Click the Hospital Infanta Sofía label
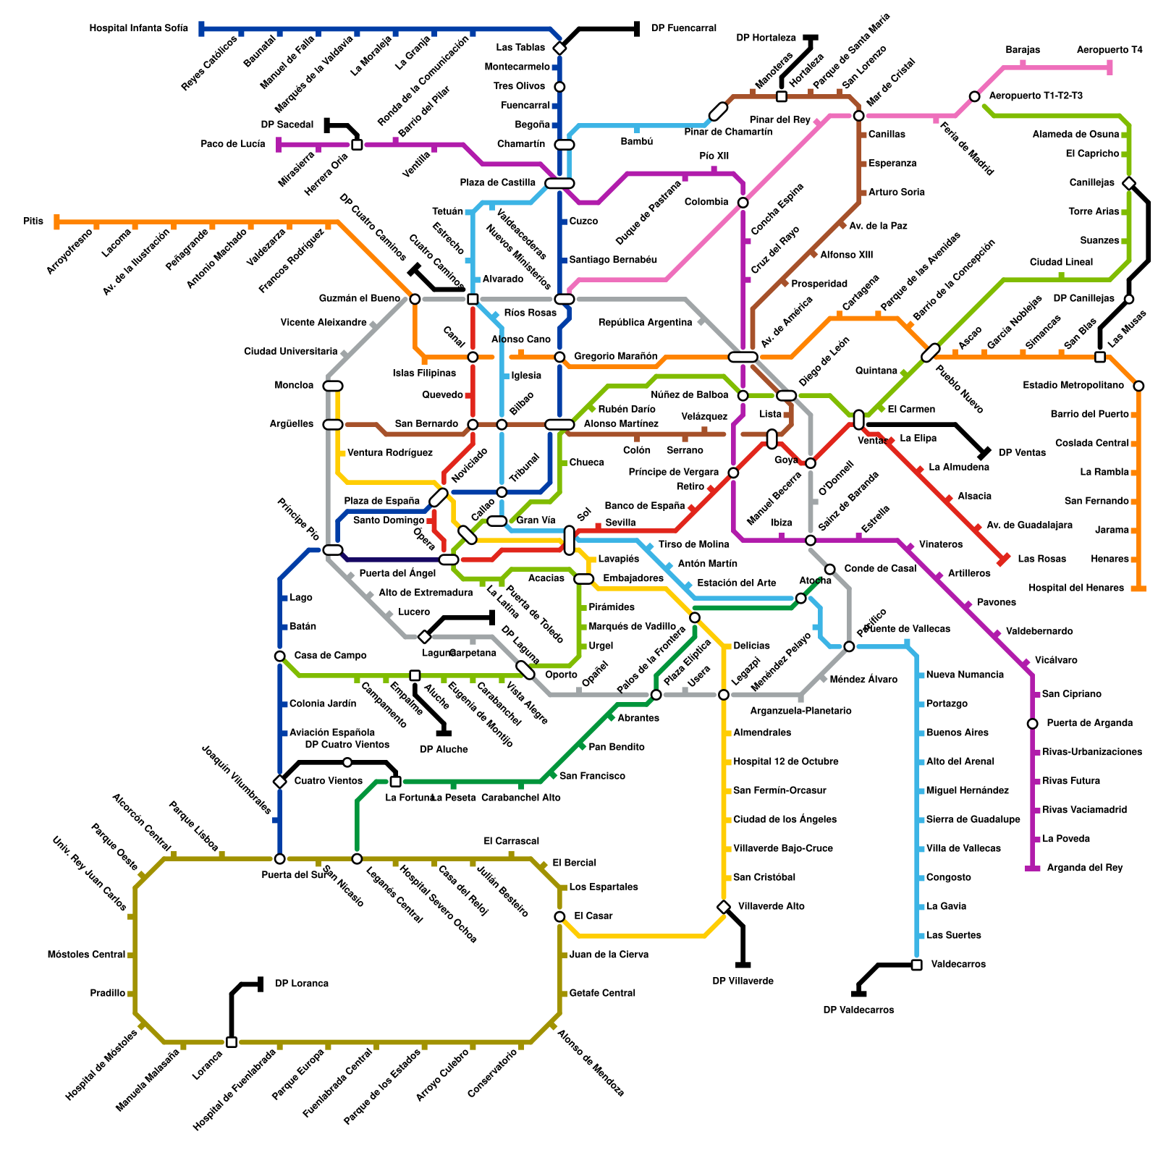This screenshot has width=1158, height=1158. pyautogui.click(x=138, y=29)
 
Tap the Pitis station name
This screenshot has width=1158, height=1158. pyautogui.click(x=33, y=221)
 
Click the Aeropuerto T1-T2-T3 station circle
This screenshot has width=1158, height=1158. pyautogui.click(x=974, y=96)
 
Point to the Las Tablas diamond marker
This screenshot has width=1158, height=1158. pyautogui.click(x=559, y=48)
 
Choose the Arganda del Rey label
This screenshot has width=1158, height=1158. pyautogui.click(x=1084, y=868)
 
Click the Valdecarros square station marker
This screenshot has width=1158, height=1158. pyautogui.click(x=916, y=965)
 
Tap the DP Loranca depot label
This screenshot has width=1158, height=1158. pyautogui.click(x=301, y=984)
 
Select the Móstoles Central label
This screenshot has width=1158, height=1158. pyautogui.click(x=86, y=955)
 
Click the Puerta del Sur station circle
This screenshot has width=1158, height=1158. pyautogui.click(x=279, y=859)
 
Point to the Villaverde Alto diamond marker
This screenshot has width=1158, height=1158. pyautogui.click(x=724, y=907)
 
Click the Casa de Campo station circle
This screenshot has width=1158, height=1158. pyautogui.click(x=279, y=656)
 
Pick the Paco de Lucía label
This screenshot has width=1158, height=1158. pyautogui.click(x=232, y=144)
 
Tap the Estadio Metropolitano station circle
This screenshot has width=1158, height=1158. pyautogui.click(x=1138, y=386)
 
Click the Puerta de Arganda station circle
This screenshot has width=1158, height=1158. pyautogui.click(x=1032, y=724)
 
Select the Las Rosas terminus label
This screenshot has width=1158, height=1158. pyautogui.click(x=1041, y=559)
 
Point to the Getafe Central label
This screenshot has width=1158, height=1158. pyautogui.click(x=602, y=993)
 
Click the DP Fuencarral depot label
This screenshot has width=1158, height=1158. pyautogui.click(x=683, y=29)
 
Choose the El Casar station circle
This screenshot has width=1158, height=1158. pyautogui.click(x=559, y=916)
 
